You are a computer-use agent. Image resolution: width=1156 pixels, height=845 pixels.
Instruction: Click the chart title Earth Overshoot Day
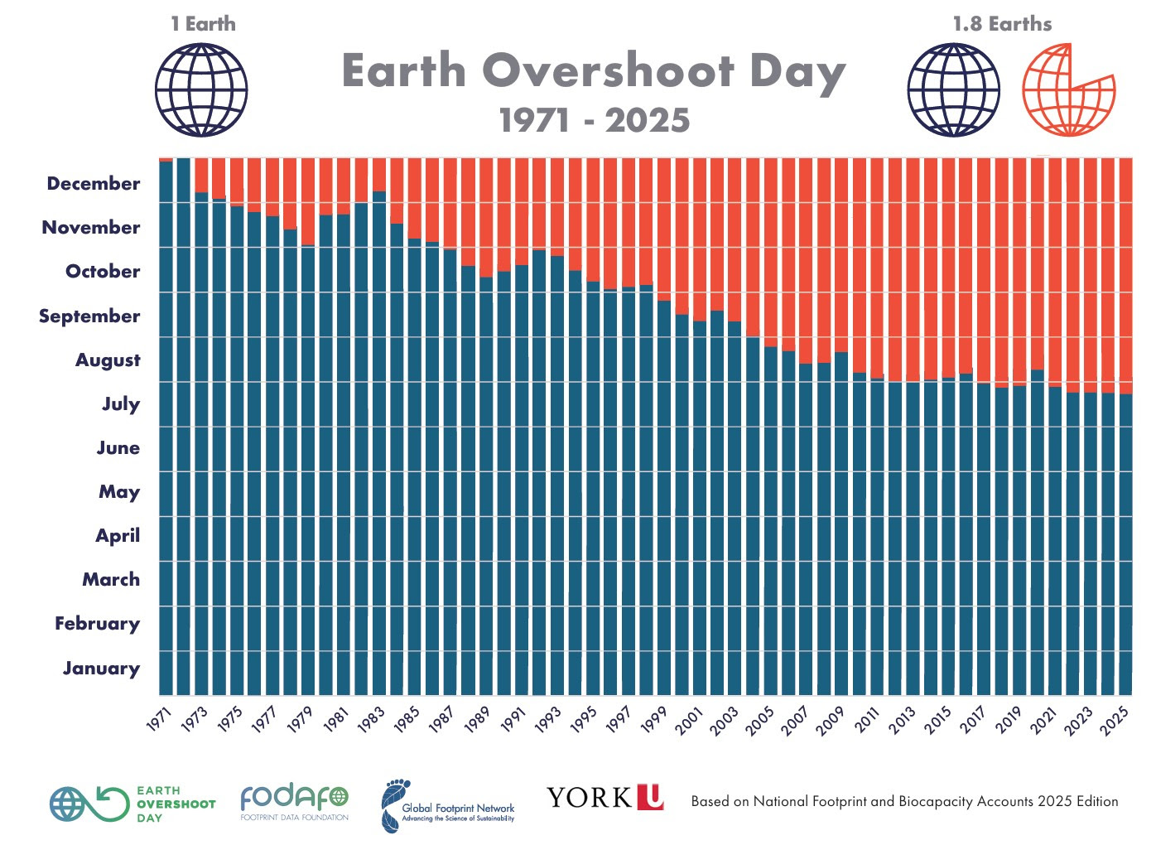[x=593, y=71]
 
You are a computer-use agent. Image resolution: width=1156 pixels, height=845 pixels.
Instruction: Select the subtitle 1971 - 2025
[x=595, y=121]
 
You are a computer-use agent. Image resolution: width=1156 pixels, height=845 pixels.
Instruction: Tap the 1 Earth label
[x=203, y=24]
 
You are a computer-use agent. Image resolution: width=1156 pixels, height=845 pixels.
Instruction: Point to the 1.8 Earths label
[x=1002, y=24]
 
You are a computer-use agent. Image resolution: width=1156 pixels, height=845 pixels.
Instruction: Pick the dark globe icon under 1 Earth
[x=201, y=90]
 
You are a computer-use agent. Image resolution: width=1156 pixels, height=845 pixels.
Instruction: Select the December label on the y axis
[x=94, y=184]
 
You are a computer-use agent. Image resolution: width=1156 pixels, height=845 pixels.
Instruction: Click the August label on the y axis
[x=108, y=360]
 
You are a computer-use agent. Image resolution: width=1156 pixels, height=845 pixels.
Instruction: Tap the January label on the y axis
[x=101, y=669]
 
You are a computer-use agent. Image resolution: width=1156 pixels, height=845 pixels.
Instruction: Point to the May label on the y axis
[x=119, y=492]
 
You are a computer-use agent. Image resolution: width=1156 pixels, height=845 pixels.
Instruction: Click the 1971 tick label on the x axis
[x=159, y=720]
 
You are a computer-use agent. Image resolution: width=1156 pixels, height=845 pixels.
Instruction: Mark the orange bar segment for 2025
[x=1125, y=273]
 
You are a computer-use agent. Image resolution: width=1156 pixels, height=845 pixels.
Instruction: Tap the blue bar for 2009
[x=841, y=522]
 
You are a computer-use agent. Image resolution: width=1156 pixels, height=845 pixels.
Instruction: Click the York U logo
[x=605, y=798]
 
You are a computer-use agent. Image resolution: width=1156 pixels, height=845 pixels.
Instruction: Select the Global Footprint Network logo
[x=448, y=806]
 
